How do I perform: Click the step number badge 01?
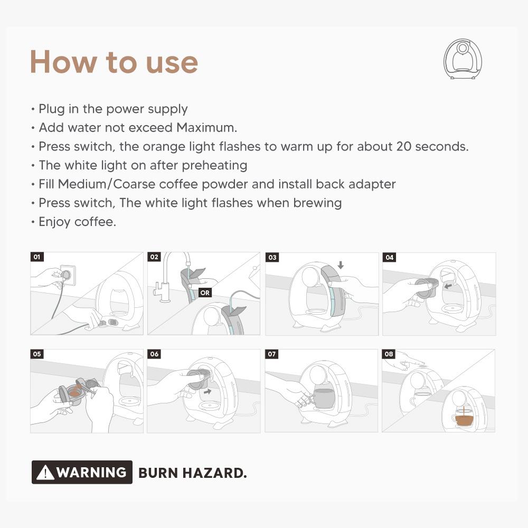37,257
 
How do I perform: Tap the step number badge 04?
389,257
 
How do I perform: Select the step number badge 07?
272,354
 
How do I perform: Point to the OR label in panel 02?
205,293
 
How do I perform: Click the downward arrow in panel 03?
341,266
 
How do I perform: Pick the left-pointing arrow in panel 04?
448,286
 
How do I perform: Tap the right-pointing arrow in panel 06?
208,391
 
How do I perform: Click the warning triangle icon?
45,472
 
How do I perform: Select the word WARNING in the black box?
91,472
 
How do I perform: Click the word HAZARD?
214,473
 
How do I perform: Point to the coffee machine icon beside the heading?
463,59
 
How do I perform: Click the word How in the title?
63,62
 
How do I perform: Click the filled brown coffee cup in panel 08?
464,419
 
